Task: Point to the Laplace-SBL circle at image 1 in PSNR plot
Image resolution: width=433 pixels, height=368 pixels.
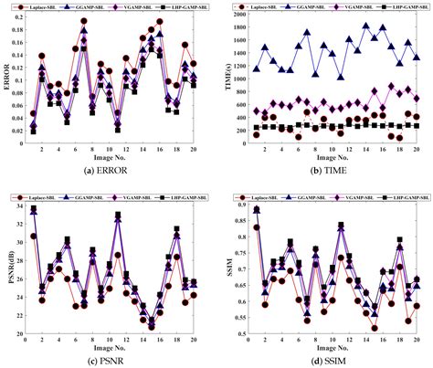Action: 33,236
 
